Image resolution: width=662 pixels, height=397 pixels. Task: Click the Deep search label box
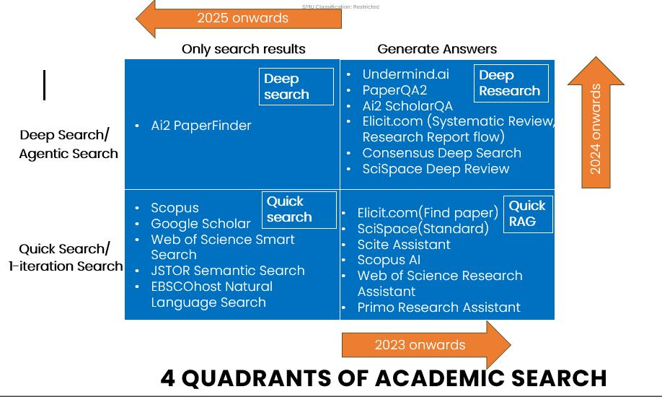coord(296,87)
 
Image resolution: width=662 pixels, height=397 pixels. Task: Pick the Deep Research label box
coord(511,83)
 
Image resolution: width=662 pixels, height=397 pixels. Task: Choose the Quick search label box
coord(299,209)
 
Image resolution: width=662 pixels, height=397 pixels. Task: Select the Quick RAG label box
coord(528,214)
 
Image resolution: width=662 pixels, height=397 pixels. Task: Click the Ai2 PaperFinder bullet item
coord(201,126)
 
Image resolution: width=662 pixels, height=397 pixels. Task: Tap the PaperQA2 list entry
coord(394,90)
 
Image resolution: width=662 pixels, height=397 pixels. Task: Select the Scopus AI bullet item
coord(389,260)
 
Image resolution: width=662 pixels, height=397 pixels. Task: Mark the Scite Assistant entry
coord(404,245)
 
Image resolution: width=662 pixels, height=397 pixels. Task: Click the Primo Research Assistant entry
coord(438,307)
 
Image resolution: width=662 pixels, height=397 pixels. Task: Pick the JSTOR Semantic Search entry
coord(228,271)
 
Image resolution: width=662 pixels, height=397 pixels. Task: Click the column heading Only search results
coord(244,49)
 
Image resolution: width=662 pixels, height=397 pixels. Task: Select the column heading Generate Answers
coord(437,49)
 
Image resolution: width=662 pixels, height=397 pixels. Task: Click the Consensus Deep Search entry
coord(441,153)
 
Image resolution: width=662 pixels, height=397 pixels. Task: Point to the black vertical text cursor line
coord(45,85)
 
